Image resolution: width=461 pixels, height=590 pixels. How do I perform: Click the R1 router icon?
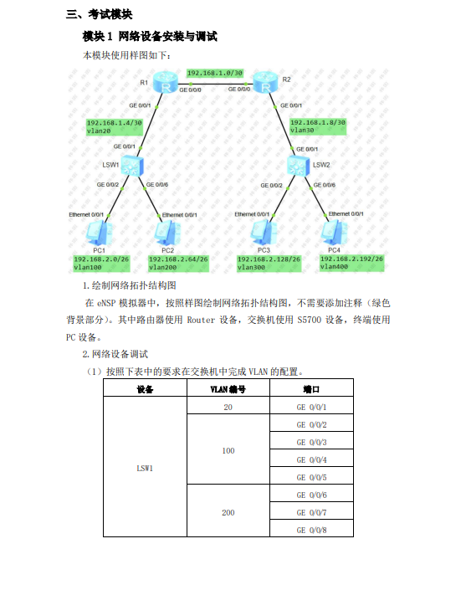[166, 82]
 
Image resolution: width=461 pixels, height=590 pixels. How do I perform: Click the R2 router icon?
[266, 82]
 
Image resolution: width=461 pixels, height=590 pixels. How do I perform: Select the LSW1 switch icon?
[132, 166]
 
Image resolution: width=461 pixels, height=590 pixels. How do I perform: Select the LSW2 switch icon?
[299, 165]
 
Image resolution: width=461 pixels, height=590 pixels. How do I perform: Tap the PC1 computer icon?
[99, 233]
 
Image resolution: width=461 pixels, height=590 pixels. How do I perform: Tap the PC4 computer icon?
[334, 232]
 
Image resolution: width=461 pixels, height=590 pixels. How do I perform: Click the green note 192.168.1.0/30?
[215, 73]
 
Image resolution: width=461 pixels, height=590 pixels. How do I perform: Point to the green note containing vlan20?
[115, 127]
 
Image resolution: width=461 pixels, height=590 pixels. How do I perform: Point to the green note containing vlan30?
[318, 126]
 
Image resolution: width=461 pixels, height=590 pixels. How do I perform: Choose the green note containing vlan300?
[269, 264]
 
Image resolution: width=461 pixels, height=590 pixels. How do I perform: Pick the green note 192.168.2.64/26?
[178, 264]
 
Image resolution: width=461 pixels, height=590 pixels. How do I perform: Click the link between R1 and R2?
[216, 84]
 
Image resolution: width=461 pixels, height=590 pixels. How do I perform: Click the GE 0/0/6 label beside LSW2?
[325, 185]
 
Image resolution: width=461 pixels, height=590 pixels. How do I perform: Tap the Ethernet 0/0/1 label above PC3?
[252, 214]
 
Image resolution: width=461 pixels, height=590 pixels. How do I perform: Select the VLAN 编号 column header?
[228, 389]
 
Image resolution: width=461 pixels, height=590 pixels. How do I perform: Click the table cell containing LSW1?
[145, 468]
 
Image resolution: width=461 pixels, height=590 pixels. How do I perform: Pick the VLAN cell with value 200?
[228, 512]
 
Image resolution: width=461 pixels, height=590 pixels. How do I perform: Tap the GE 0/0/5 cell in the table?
[311, 477]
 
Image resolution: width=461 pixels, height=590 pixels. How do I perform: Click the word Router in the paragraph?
[201, 320]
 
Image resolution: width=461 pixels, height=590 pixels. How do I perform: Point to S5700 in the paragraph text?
[310, 320]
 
